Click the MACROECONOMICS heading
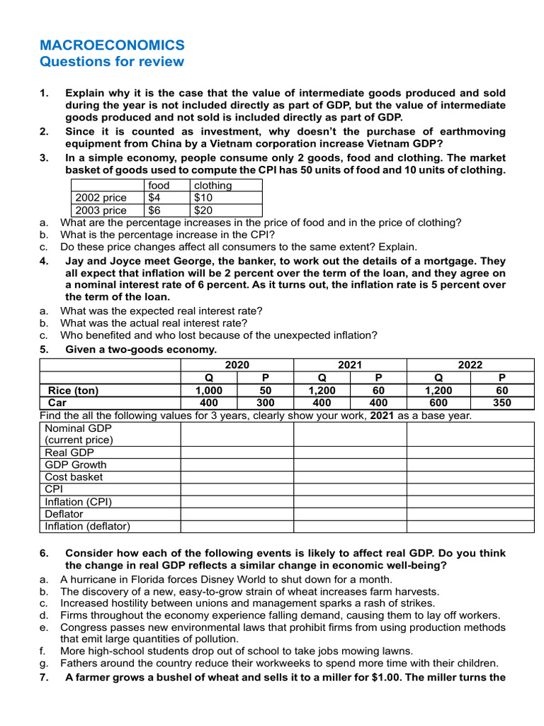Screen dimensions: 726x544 coord(112,45)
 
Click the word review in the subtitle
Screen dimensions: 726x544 coord(161,62)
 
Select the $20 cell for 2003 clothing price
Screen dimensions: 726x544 coord(204,211)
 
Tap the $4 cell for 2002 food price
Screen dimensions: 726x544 coord(155,198)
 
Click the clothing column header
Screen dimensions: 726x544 coord(213,185)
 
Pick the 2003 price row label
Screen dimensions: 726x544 coord(101,211)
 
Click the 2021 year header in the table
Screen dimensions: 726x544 coord(350,364)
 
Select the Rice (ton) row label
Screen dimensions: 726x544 coord(73,390)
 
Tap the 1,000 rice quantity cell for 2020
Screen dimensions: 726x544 coord(209,390)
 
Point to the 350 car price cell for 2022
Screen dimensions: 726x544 coord(502,403)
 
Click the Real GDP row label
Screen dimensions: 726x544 coord(69,452)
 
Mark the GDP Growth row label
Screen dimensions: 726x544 coord(76,465)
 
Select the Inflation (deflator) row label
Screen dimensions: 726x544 coord(88,526)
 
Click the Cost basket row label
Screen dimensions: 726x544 coord(74,477)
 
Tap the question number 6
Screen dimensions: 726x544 coord(44,553)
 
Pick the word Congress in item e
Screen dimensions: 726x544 coord(84,627)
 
